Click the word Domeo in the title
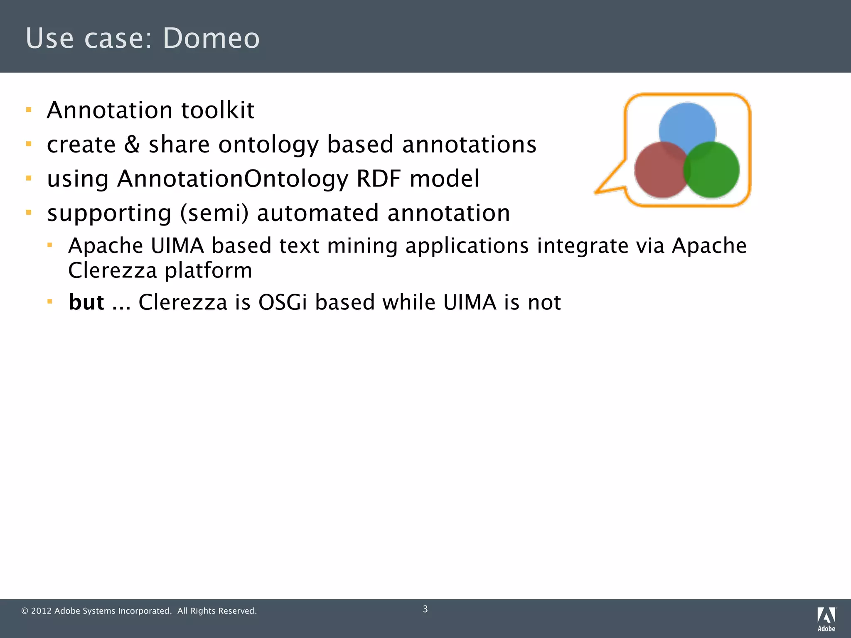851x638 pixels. tap(211, 38)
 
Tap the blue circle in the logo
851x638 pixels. tap(687, 125)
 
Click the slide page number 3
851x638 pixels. tap(425, 609)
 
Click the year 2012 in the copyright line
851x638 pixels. tap(41, 611)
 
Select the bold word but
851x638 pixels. tap(86, 302)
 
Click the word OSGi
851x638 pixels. tap(282, 302)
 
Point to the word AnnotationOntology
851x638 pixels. tap(233, 179)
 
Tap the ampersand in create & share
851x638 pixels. tap(132, 144)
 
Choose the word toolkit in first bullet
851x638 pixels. tap(218, 110)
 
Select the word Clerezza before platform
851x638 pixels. tap(112, 270)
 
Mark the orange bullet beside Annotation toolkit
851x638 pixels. tap(29, 110)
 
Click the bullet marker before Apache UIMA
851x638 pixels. tap(50, 245)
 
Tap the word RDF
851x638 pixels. tap(378, 179)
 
